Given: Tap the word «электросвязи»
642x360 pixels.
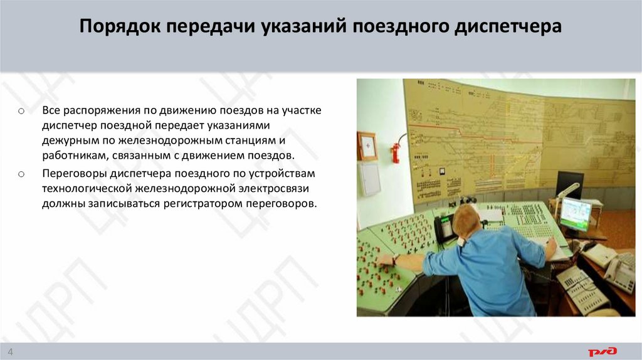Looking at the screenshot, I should tap(278, 188).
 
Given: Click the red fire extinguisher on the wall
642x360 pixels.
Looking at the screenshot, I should tap(396, 151).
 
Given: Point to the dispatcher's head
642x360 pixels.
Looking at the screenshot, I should tap(467, 221).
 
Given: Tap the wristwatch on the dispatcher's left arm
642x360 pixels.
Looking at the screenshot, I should tap(396, 258).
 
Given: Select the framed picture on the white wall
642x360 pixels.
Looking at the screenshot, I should tap(367, 146).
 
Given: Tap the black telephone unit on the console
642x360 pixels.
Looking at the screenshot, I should tap(444, 228).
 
